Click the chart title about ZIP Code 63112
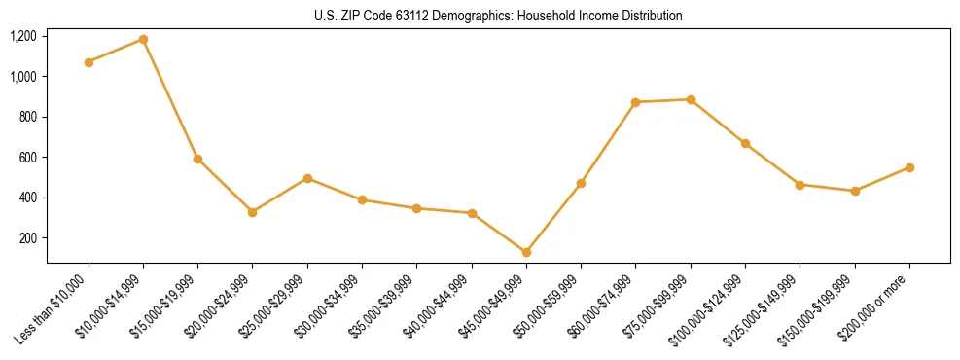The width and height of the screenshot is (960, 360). pyautogui.click(x=498, y=16)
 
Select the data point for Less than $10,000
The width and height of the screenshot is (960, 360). pyautogui.click(x=89, y=62)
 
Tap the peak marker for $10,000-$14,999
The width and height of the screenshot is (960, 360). pyautogui.click(x=143, y=40)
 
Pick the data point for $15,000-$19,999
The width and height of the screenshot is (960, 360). pyautogui.click(x=198, y=159)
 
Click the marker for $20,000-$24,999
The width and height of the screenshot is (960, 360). pyautogui.click(x=253, y=212)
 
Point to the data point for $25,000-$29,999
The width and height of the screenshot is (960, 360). pyautogui.click(x=307, y=178)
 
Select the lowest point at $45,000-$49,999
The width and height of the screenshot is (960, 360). pyautogui.click(x=526, y=252)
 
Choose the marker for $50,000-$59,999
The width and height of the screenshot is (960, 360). pyautogui.click(x=581, y=183)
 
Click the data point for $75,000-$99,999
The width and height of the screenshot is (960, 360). pyautogui.click(x=691, y=99)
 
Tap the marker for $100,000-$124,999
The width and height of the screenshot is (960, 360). pyautogui.click(x=745, y=143)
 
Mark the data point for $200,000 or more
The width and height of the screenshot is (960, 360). pyautogui.click(x=909, y=167)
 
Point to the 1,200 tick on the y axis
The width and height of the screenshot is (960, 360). pyautogui.click(x=22, y=36)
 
